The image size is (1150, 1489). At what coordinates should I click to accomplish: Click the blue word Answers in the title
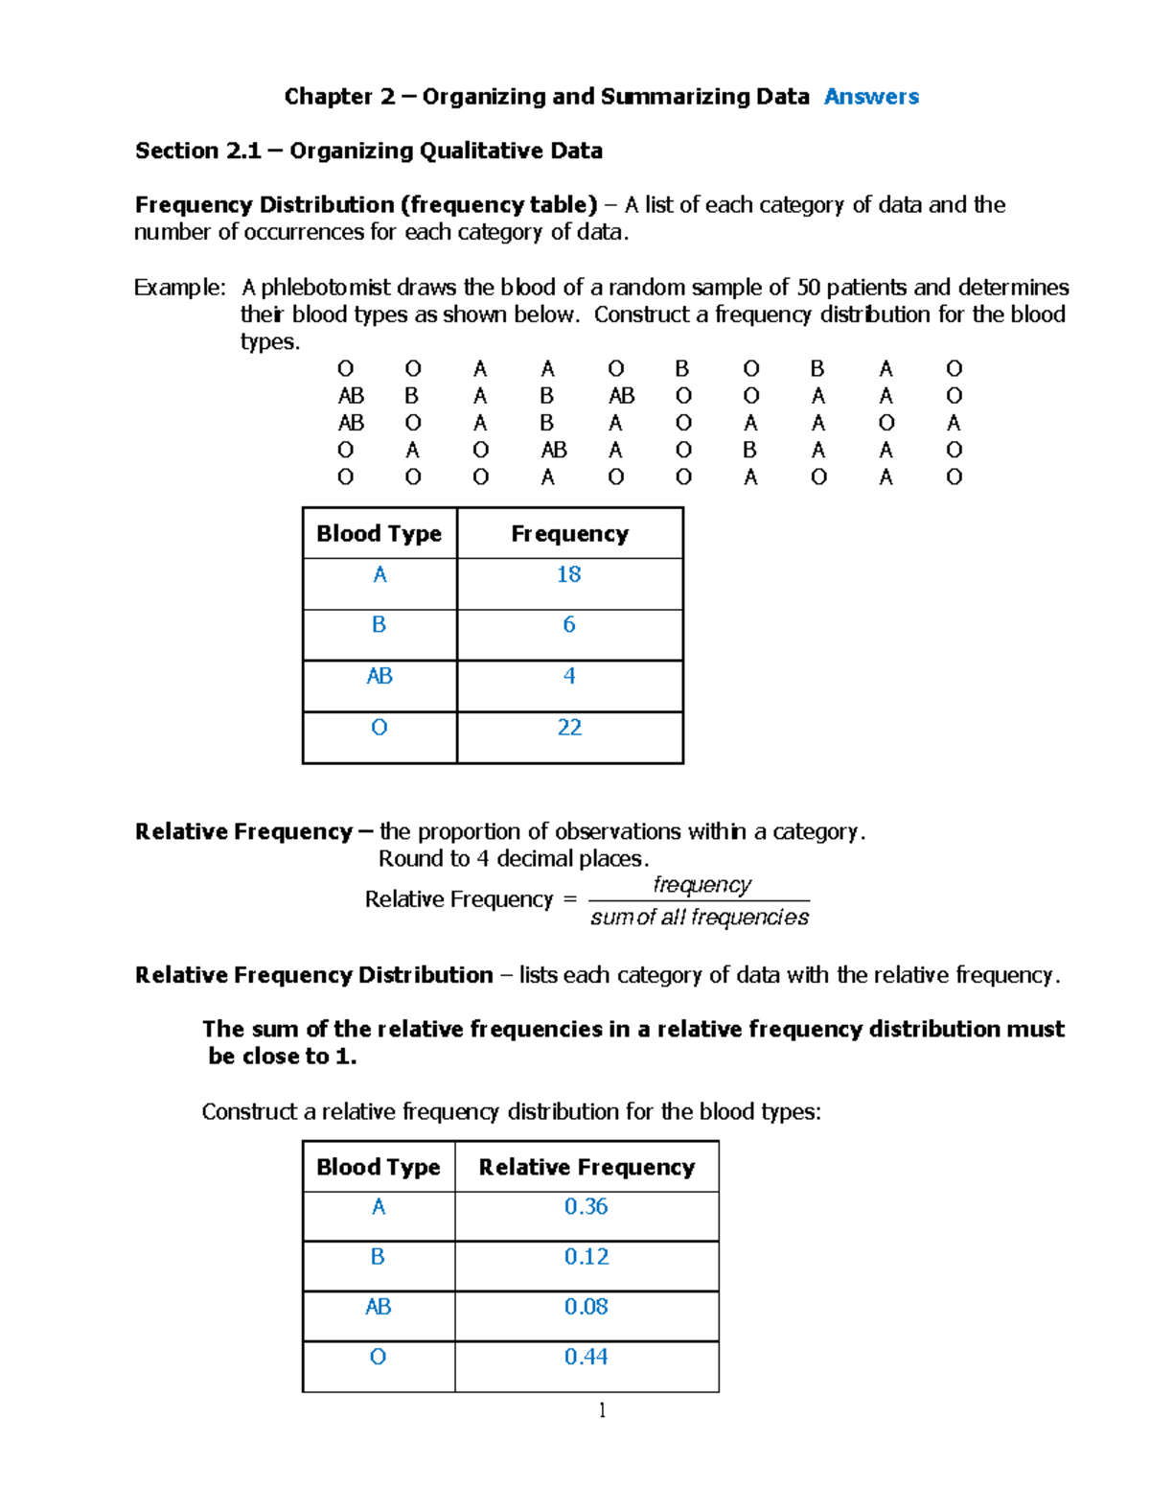[x=871, y=97]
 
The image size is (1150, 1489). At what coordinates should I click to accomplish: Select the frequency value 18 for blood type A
[x=568, y=574]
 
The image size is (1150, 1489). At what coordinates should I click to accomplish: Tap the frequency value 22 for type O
[x=569, y=728]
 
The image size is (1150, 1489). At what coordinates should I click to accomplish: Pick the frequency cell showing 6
[x=569, y=625]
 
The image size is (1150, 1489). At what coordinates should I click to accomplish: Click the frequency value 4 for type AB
[x=569, y=676]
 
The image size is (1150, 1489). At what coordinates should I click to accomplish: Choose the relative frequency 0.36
[x=586, y=1207]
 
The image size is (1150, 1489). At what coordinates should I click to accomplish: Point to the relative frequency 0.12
[x=586, y=1257]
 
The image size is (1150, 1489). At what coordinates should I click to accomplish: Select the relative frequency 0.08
[x=586, y=1307]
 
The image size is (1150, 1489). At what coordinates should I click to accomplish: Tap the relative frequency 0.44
[x=586, y=1357]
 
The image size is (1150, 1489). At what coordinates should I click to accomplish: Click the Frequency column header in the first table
[x=569, y=534]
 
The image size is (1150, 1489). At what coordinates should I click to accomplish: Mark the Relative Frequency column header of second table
[x=586, y=1167]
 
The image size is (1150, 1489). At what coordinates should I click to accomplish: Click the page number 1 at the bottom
[x=602, y=1409]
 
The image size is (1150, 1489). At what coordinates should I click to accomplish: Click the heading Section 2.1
[x=196, y=151]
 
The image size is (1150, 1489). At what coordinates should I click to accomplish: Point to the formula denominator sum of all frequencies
[x=700, y=918]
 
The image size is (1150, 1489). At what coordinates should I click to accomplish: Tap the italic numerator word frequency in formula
[x=701, y=884]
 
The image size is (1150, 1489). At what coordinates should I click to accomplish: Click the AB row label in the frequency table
[x=379, y=676]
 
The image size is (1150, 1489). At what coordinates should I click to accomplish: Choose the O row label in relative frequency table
[x=378, y=1357]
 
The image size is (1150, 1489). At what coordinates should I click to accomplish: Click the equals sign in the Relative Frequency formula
[x=570, y=899]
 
